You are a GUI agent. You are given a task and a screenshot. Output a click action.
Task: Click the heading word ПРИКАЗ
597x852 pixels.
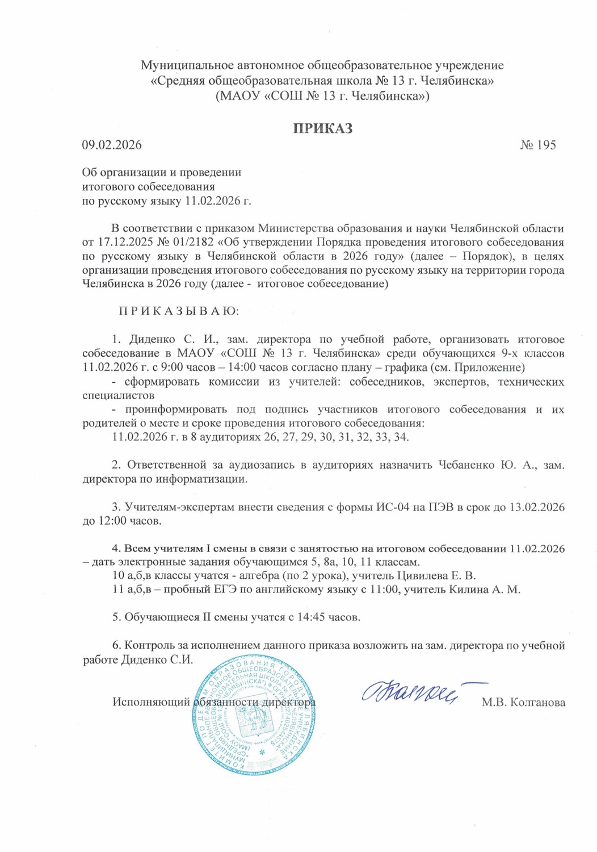tap(322, 128)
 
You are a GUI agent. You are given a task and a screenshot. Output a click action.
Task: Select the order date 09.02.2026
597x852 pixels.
tap(112, 145)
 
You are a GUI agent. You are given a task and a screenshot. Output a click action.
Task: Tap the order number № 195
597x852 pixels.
tap(537, 145)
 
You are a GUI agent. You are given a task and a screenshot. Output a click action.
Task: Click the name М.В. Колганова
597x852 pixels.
tap(523, 703)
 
